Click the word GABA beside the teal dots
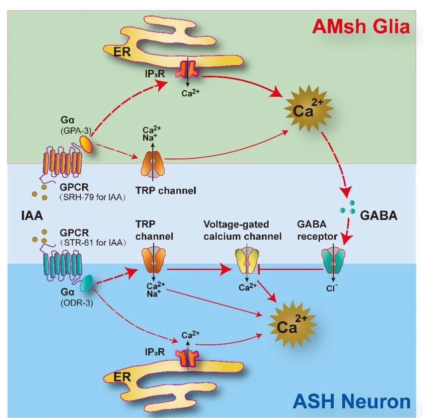(379, 215)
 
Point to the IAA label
(32, 216)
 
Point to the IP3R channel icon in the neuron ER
(188, 356)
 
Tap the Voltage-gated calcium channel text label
(242, 230)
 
